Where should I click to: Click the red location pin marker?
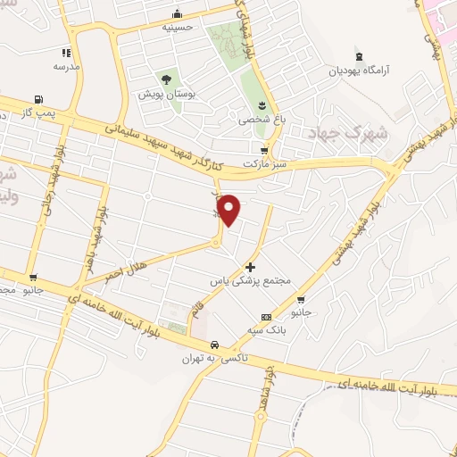point(229,210)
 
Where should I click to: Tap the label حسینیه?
point(178,27)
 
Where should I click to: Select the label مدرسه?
point(66,66)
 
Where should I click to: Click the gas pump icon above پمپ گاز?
point(37,100)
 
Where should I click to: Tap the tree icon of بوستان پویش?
point(164,79)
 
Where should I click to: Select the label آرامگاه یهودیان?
point(361,69)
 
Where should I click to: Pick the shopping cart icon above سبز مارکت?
point(263,150)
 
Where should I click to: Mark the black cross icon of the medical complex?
point(251,267)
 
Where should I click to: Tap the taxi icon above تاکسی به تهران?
point(214,345)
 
